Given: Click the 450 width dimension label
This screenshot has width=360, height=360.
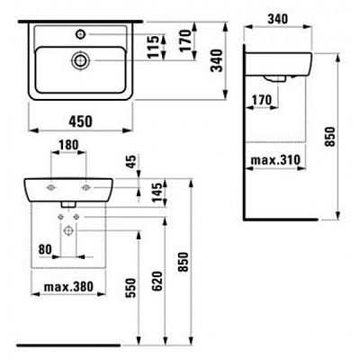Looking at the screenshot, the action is click(81, 121).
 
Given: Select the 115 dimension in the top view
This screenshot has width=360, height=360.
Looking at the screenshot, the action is click(153, 47).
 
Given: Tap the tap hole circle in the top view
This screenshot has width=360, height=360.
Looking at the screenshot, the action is click(80, 34).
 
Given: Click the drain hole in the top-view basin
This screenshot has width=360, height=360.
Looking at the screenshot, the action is click(80, 60).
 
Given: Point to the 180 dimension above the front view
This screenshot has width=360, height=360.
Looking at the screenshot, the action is click(68, 145).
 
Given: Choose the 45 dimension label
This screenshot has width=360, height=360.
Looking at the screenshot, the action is click(131, 161).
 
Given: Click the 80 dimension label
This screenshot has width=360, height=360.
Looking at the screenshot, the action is click(45, 249).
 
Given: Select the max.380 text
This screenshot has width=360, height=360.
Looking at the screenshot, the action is click(68, 287).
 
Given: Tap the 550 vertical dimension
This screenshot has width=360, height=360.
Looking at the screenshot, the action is click(130, 288).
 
